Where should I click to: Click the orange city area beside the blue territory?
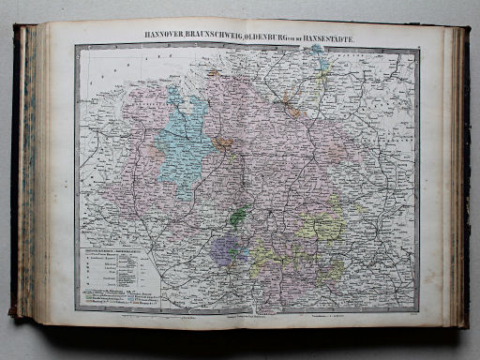coord(222,143)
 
